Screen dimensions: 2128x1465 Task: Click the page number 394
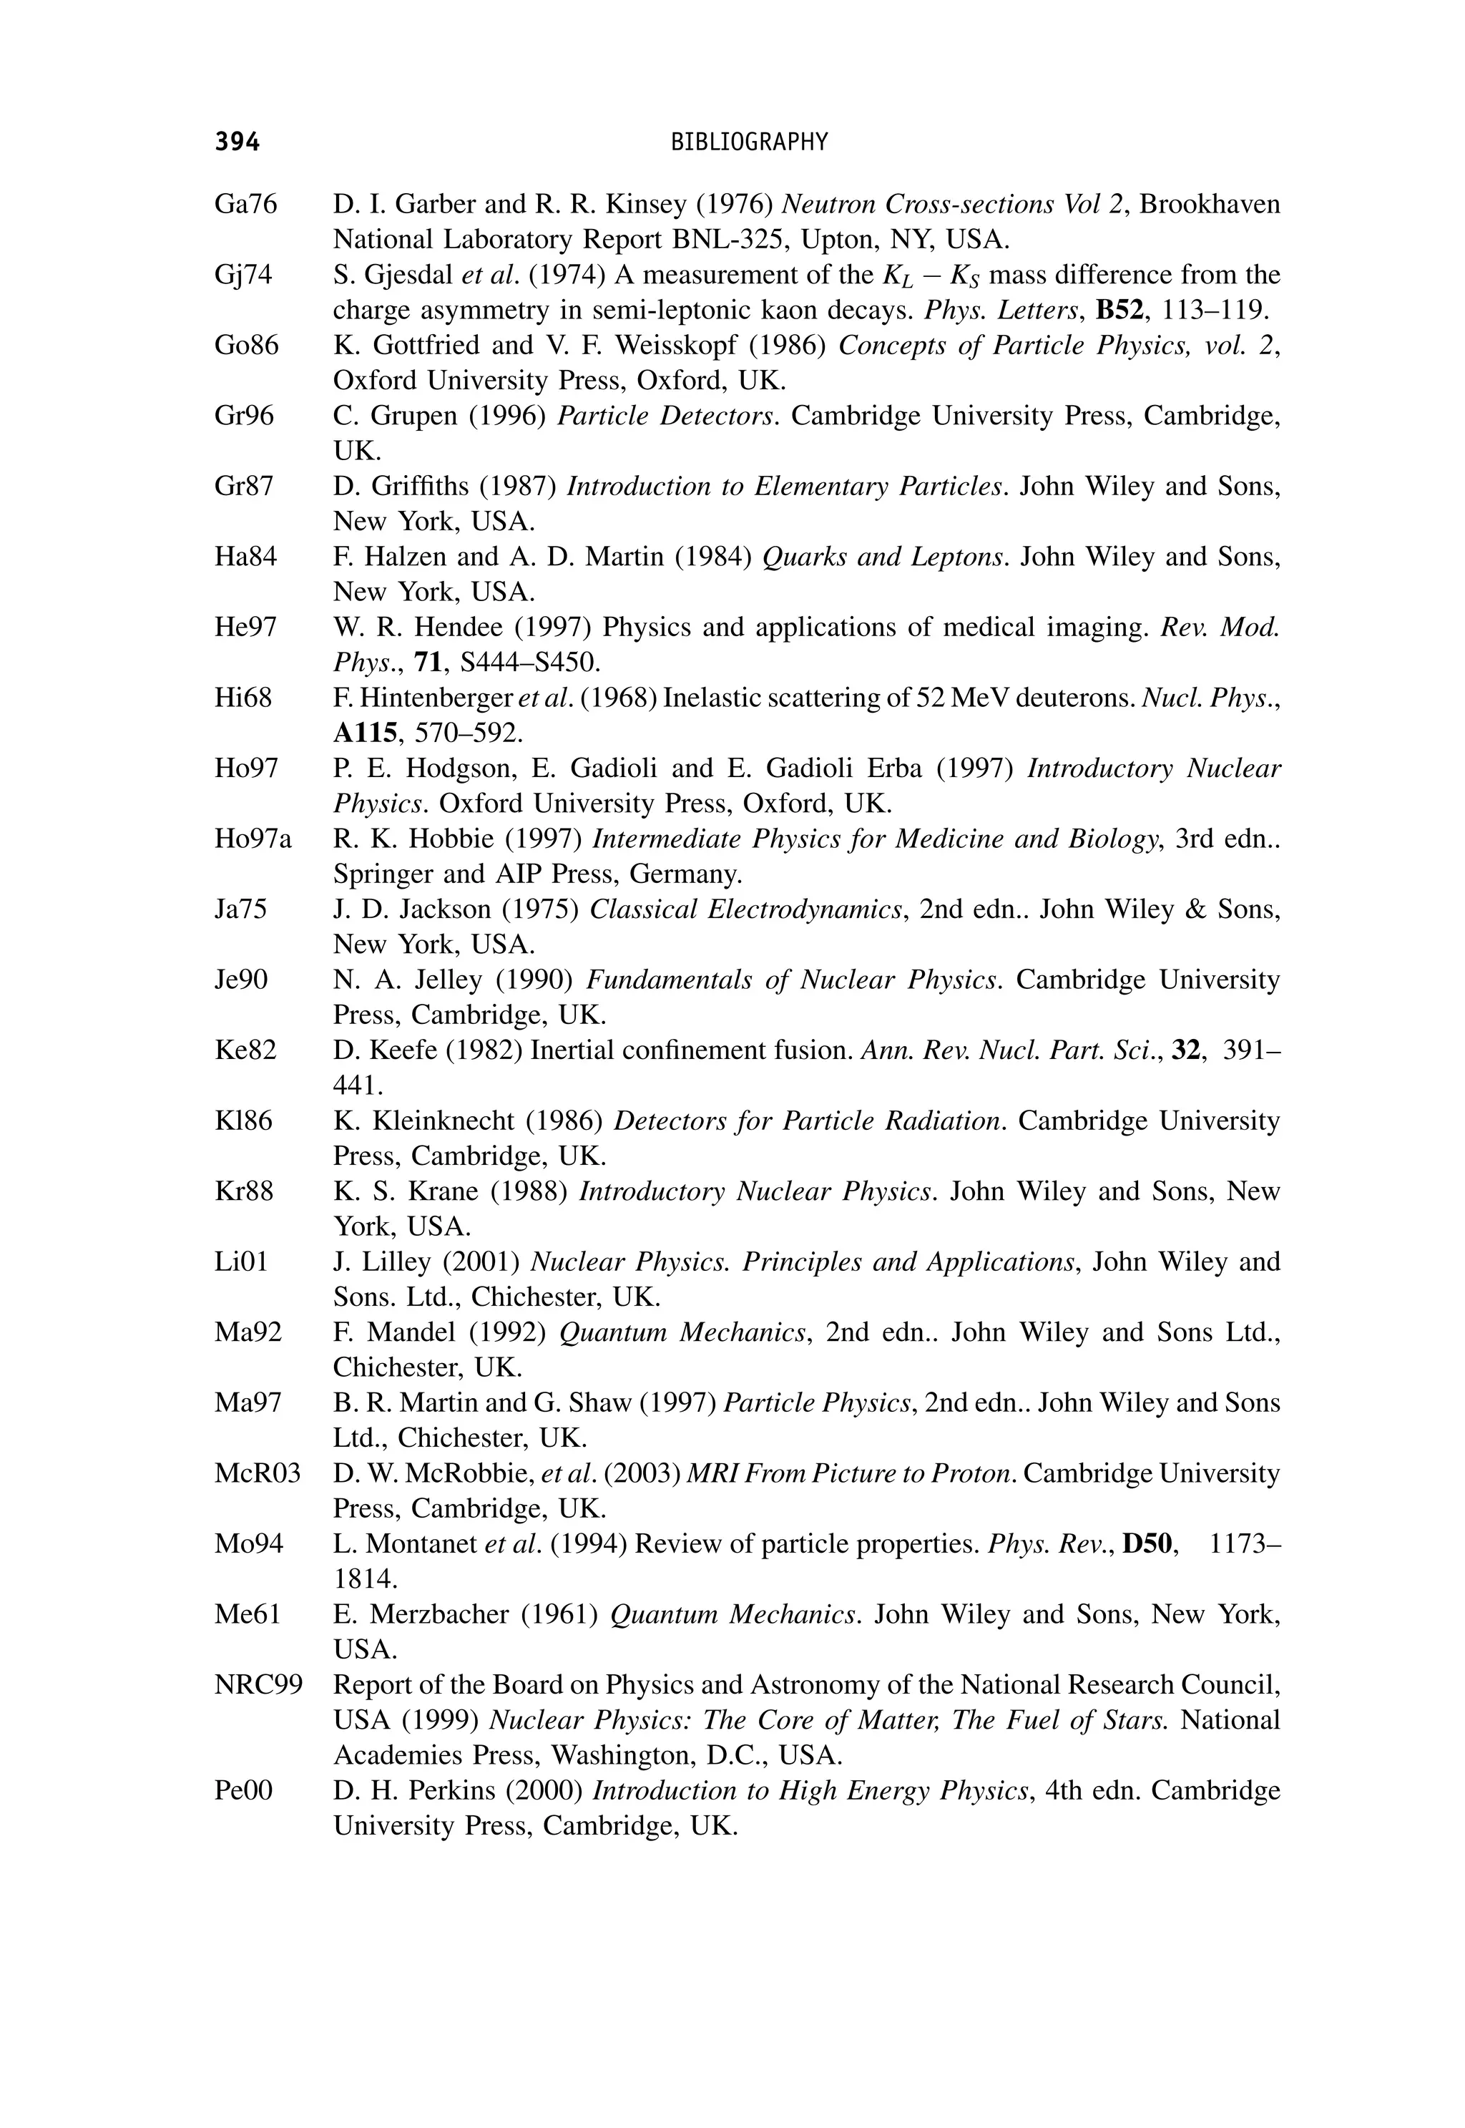point(237,142)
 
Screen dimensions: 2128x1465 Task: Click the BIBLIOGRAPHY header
point(749,142)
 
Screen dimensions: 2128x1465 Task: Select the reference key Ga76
point(245,204)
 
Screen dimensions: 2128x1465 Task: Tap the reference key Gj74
point(243,275)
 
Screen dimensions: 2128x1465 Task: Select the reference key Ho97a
point(253,838)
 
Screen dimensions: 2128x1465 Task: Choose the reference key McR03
point(257,1473)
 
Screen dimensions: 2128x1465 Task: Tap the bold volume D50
point(1150,1543)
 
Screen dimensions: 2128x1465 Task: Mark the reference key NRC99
point(258,1684)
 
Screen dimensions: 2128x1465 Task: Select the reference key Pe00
point(243,1790)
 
